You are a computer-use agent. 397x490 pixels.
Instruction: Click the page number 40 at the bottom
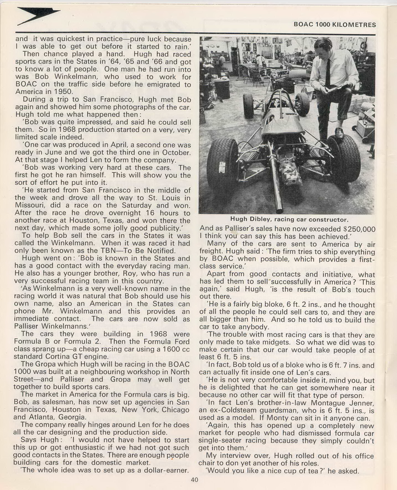coord(194,480)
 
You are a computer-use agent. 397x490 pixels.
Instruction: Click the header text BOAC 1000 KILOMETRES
coord(335,25)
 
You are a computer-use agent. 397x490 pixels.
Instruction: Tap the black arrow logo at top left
coord(37,16)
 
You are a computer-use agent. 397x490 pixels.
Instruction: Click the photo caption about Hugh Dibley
coord(289,220)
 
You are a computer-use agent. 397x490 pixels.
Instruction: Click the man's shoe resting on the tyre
coord(339,132)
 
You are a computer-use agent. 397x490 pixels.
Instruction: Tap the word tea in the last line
coord(312,471)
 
